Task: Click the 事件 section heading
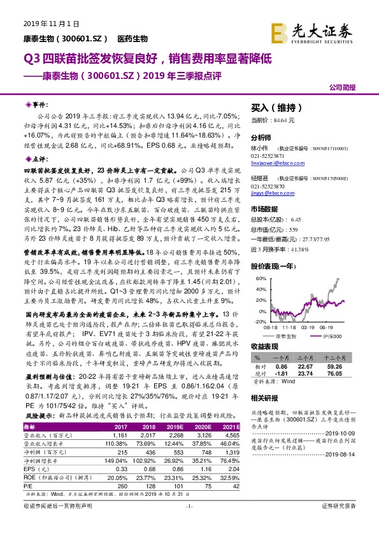pyautogui.click(x=39, y=103)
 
